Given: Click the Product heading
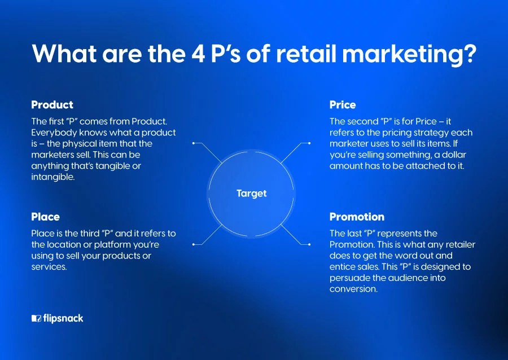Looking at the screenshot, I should point(52,105).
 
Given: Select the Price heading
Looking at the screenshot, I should point(343,105).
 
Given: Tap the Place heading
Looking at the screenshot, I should point(45,217).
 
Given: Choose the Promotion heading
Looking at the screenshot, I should point(357,217).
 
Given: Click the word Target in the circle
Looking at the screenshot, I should point(251,194).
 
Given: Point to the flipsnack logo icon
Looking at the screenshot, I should point(36,318).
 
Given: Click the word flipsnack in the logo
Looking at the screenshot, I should point(63,318).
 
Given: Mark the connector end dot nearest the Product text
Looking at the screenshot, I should point(194,143).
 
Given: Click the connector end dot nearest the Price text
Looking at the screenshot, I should point(309,143).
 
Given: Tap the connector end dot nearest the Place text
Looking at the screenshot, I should point(194,244).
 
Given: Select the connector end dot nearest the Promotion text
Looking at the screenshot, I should point(309,244).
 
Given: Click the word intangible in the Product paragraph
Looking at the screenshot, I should point(52,177).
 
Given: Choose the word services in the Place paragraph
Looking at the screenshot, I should point(49,267).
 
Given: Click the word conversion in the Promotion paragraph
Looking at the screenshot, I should point(353,289).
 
